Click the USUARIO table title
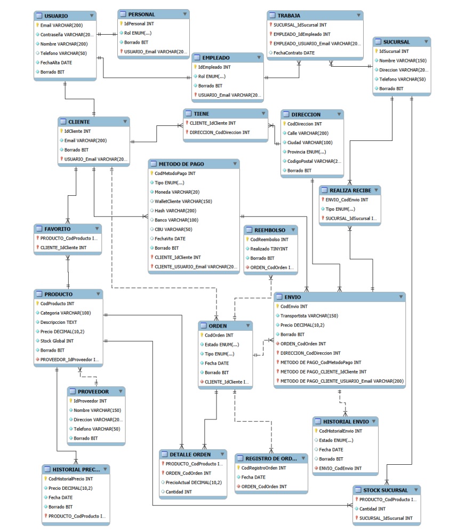point(56,16)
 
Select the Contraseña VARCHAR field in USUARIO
point(67,35)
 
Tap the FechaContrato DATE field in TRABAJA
point(294,53)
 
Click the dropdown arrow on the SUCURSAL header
point(426,42)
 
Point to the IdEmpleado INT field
point(214,67)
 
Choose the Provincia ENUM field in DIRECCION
point(307,152)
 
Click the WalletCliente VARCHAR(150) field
point(183,202)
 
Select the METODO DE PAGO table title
point(181,164)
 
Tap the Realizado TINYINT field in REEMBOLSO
point(269,249)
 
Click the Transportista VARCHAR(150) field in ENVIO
point(309,316)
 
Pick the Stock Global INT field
point(57,341)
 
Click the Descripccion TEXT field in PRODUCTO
point(58,322)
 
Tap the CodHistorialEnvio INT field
point(340,431)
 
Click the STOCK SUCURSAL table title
point(385,490)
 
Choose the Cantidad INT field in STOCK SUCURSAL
point(372,509)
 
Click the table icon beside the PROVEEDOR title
point(73,392)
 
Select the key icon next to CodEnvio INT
point(277,306)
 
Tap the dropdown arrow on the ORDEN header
point(248,325)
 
